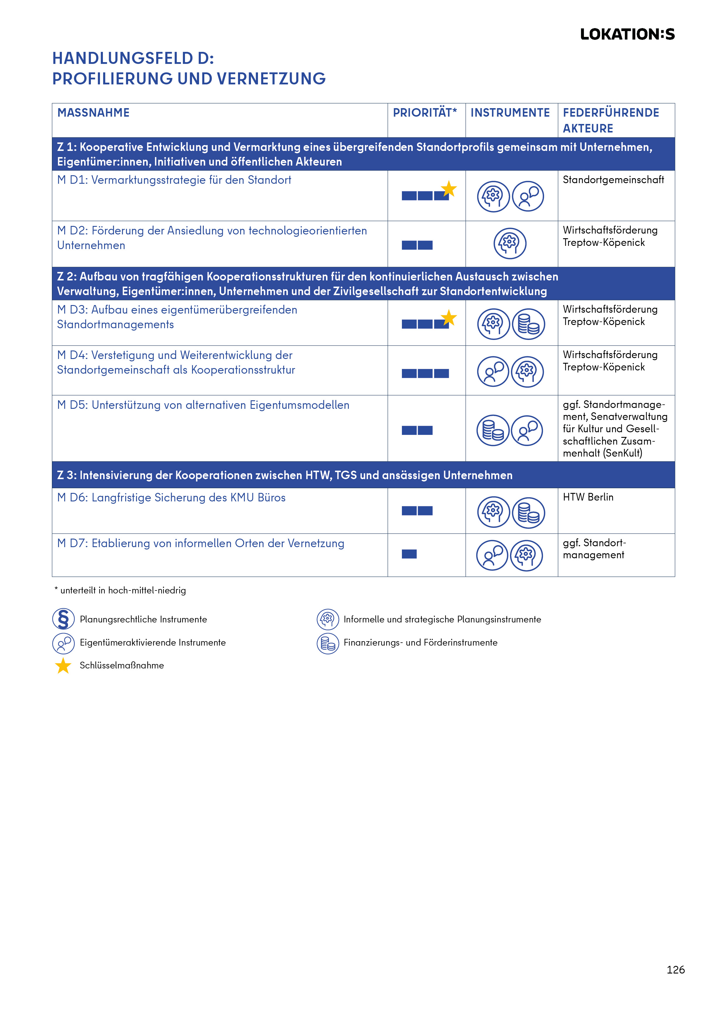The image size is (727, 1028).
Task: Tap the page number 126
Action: (675, 969)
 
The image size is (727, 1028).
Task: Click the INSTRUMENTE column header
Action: (510, 113)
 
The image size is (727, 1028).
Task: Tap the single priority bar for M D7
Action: (409, 554)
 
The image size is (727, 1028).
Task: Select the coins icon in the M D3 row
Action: (528, 324)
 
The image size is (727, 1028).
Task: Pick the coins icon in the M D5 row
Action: (493, 430)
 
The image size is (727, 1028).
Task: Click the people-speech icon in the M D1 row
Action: (528, 196)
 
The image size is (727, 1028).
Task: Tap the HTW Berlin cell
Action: (588, 497)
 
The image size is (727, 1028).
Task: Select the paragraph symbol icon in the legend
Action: (63, 619)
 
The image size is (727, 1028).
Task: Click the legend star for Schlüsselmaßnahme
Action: (63, 665)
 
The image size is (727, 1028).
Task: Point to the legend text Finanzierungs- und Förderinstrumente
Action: (420, 642)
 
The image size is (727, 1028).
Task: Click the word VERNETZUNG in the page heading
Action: (271, 79)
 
